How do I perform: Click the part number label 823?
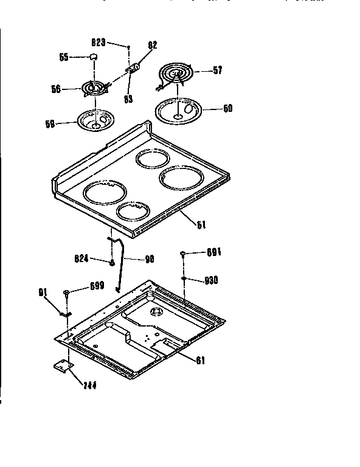click(x=99, y=43)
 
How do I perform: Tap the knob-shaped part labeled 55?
click(x=94, y=57)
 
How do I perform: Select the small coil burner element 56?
click(x=93, y=89)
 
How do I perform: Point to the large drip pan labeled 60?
click(x=178, y=111)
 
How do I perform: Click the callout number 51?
click(x=201, y=224)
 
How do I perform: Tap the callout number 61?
click(x=200, y=359)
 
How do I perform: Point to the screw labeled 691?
click(x=182, y=254)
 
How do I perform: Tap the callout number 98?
click(x=149, y=258)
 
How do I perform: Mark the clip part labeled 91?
click(x=64, y=314)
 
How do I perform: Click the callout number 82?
click(x=153, y=46)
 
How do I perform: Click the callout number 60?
click(x=227, y=109)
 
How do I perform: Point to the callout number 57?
click(x=217, y=71)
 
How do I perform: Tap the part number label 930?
click(x=211, y=280)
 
